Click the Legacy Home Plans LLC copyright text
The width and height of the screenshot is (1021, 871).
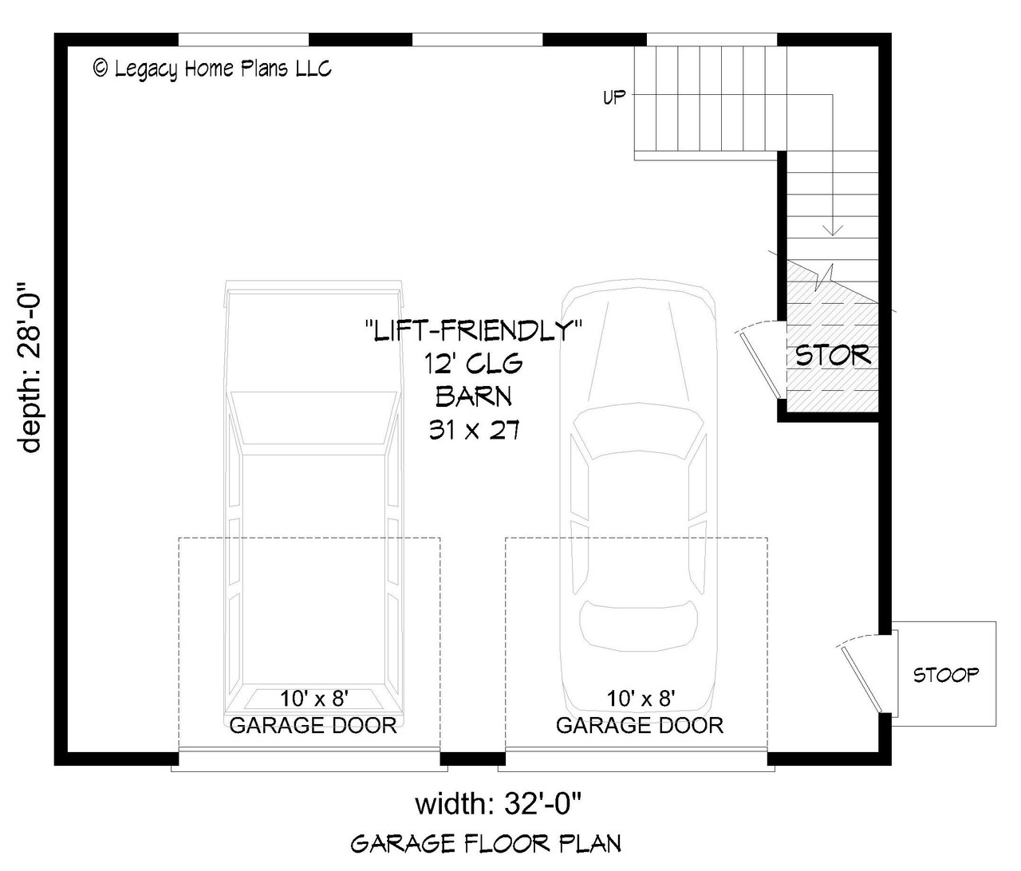click(212, 69)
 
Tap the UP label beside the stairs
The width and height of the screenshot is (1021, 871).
click(614, 98)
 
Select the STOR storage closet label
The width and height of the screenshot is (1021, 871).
click(833, 356)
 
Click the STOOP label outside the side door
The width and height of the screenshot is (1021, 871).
click(945, 675)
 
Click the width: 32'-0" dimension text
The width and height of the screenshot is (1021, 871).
click(503, 803)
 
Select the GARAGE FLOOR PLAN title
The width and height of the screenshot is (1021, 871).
click(486, 843)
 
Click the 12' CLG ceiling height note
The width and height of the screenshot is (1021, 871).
click(474, 364)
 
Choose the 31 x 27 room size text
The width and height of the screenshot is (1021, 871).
click(474, 431)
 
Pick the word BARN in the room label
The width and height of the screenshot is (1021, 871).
click(474, 396)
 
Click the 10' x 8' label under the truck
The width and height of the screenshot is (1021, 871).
click(313, 699)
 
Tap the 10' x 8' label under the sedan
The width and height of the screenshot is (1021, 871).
click(641, 699)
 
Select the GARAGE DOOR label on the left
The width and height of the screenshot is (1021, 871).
click(313, 725)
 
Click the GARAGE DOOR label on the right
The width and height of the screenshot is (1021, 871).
click(640, 725)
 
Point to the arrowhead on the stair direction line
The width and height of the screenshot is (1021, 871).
click(833, 230)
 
